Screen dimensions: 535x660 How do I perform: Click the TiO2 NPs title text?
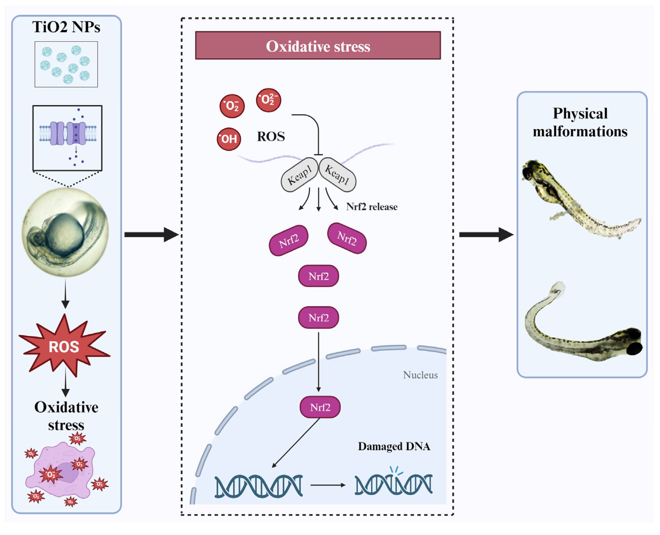[66, 27]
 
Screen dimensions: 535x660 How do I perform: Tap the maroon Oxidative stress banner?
[318, 46]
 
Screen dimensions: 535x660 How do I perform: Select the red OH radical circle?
[229, 139]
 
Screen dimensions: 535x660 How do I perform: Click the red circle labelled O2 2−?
[268, 100]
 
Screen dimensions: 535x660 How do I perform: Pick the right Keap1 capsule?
[337, 175]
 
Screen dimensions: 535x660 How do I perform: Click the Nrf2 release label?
[372, 207]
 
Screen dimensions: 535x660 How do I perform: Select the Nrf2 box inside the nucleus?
[320, 407]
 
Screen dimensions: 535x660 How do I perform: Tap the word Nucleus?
[420, 375]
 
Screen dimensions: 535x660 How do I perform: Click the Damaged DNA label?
[394, 446]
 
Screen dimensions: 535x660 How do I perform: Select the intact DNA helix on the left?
[259, 486]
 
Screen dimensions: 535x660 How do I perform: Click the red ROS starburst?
[64, 347]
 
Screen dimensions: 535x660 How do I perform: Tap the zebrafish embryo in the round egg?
[65, 232]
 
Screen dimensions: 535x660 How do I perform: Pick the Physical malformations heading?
[580, 122]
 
